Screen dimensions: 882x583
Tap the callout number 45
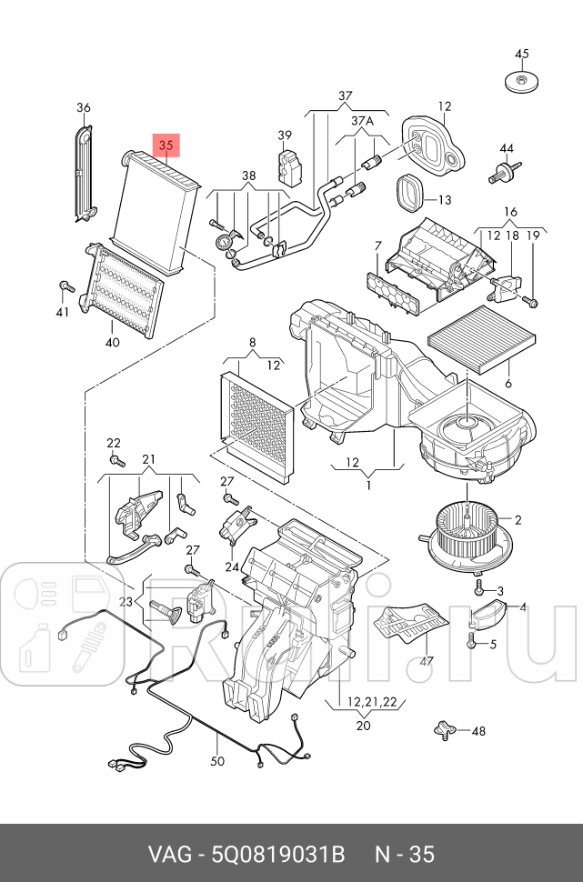521,54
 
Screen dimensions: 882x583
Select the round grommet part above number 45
521,81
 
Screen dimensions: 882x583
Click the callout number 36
84,108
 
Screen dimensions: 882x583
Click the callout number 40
112,343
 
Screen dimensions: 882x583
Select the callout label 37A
362,121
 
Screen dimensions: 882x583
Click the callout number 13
444,200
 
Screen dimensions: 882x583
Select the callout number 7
377,246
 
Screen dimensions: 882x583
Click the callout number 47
427,661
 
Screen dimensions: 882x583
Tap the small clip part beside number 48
444,728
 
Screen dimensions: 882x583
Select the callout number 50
217,761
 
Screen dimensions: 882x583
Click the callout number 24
232,566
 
